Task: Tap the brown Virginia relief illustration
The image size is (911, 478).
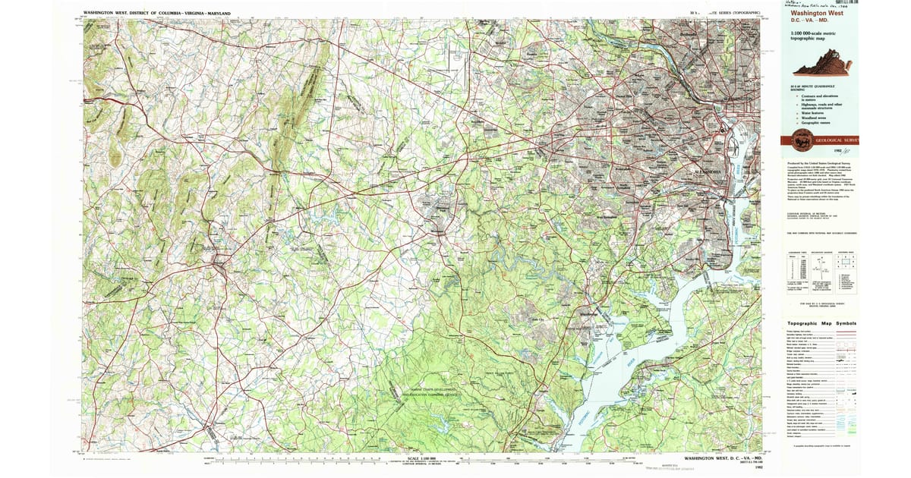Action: click(x=821, y=68)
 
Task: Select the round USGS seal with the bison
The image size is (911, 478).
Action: click(x=801, y=140)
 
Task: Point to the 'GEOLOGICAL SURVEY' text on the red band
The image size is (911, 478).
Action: click(x=835, y=140)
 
